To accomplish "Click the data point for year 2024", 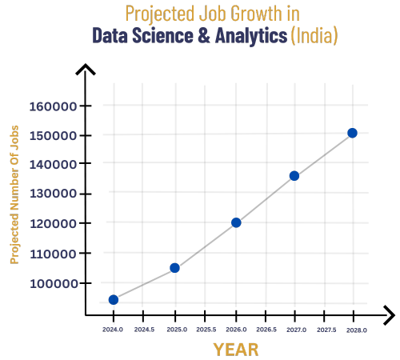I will coord(114,300).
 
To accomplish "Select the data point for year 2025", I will coord(174,268).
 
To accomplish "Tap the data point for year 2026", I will coord(236,222).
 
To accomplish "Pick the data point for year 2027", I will coord(294,176).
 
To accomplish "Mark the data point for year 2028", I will coord(352,133).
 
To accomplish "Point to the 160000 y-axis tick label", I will coord(53,106).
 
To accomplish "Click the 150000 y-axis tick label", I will coord(53,136).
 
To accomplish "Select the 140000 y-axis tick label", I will coord(53,165).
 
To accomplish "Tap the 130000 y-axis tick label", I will coord(53,194).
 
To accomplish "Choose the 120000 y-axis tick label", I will coord(53,224).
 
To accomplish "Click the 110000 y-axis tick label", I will coord(53,254).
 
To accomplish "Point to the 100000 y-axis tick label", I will coord(53,284).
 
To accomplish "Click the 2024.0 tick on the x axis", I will coord(113,330).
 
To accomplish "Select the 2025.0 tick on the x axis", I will coord(177,330).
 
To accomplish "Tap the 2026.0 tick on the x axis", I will coord(236,330).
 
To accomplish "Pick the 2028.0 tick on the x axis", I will coord(356,330).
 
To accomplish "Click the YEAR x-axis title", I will coord(236,350).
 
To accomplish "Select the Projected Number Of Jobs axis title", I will coord(14,194).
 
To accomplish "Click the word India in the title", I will coord(314,36).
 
